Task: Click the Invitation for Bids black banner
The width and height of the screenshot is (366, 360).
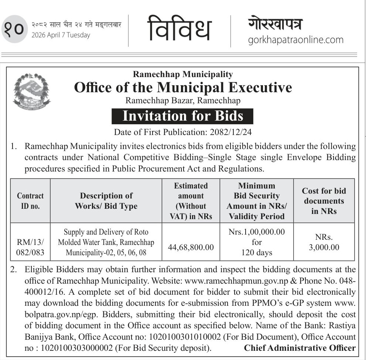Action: point(183,116)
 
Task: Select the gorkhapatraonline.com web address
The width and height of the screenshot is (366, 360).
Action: point(295,39)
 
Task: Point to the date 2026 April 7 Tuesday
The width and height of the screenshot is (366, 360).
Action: point(61,35)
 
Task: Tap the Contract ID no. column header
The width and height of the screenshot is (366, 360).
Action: point(30,201)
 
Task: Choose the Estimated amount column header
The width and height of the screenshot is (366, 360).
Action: point(191,201)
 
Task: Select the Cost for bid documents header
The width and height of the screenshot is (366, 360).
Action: point(324,201)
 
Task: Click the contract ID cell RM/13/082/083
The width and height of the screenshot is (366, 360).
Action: point(30,247)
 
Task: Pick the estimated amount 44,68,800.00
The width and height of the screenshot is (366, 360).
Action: point(191,247)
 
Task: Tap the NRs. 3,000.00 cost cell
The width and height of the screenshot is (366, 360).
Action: point(324,242)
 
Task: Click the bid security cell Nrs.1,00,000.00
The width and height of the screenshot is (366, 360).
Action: point(257,232)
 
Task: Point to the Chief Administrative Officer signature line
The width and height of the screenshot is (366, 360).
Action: point(300,348)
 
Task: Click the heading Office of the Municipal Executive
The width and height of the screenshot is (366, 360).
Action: point(183,88)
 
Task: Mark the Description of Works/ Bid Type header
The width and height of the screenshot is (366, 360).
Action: point(106,201)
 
